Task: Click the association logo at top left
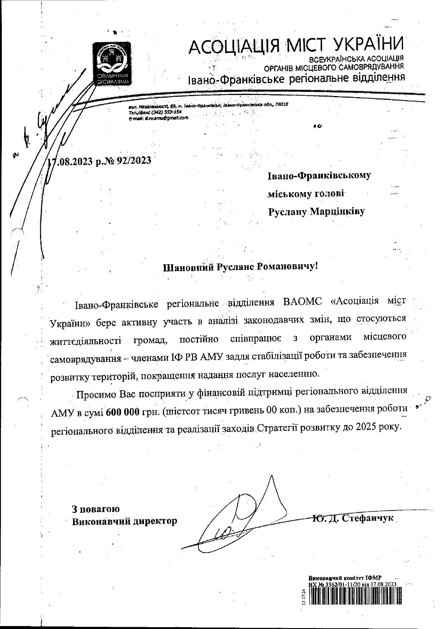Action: tap(112, 63)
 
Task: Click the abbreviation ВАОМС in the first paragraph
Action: tap(303, 303)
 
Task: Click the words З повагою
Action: tap(95, 509)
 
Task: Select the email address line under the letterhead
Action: tap(159, 118)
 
